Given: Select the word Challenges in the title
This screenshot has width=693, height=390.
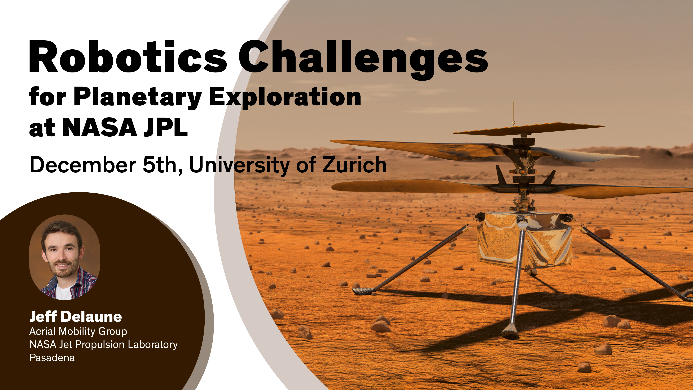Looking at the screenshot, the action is point(363,60).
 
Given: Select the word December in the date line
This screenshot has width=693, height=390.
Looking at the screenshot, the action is point(83,165).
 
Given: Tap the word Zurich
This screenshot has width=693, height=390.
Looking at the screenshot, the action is point(354,165).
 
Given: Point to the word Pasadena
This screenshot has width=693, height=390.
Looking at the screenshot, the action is point(52,358).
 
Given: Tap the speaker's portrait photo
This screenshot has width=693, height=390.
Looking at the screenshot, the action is point(65,257).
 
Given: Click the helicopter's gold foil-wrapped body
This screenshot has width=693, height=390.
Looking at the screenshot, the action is point(525,241).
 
